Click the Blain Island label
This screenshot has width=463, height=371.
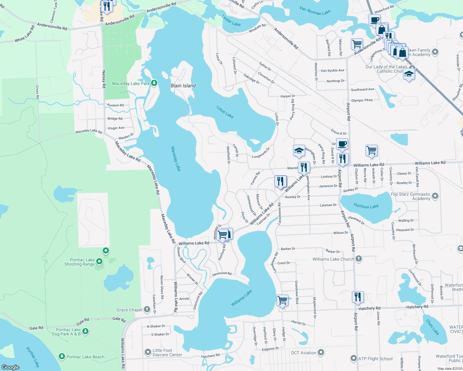[x=183, y=86]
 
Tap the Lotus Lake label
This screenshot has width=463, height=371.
[x=225, y=112]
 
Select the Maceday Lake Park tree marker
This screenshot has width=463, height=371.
[x=154, y=83]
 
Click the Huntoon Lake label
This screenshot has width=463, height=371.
[x=366, y=206]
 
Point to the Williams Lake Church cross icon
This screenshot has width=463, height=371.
[x=359, y=259]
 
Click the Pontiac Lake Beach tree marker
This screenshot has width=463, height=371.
[x=62, y=357]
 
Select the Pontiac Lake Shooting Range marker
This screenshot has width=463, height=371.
[x=99, y=262]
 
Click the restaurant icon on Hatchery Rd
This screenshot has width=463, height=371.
[x=357, y=297]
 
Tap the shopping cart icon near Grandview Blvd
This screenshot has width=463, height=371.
[x=282, y=300]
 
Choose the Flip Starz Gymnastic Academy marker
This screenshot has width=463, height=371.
[x=435, y=196]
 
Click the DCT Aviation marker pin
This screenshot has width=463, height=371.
[x=321, y=352]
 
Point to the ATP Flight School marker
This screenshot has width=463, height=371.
[x=354, y=358]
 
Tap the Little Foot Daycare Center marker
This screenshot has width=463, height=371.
[x=148, y=352]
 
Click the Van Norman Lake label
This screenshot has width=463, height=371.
[x=315, y=11]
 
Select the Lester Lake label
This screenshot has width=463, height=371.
[x=231, y=21]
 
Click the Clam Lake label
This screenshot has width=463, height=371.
[x=433, y=327]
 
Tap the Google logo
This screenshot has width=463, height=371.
[x=10, y=367]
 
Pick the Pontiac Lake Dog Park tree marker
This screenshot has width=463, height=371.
[x=85, y=331]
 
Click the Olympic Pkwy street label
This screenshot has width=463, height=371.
[x=362, y=100]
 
